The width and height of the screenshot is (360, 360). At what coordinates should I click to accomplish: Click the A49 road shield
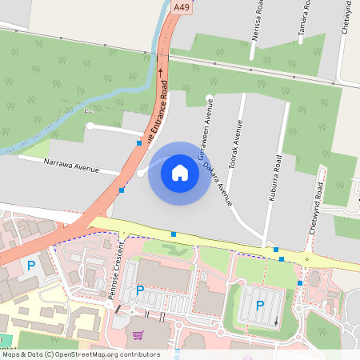point(182,7)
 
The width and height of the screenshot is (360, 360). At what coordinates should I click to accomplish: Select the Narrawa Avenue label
point(70,166)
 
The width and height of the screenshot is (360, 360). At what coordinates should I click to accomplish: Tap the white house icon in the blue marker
point(180,172)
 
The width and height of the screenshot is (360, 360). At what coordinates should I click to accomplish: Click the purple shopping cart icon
point(138,336)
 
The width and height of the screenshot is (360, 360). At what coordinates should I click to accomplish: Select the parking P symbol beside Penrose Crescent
point(140,290)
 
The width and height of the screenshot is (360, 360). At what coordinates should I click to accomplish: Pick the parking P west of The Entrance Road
point(31,265)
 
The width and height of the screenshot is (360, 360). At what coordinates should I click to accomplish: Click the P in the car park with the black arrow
point(259,305)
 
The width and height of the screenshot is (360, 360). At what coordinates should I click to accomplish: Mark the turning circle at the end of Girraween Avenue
point(210,99)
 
